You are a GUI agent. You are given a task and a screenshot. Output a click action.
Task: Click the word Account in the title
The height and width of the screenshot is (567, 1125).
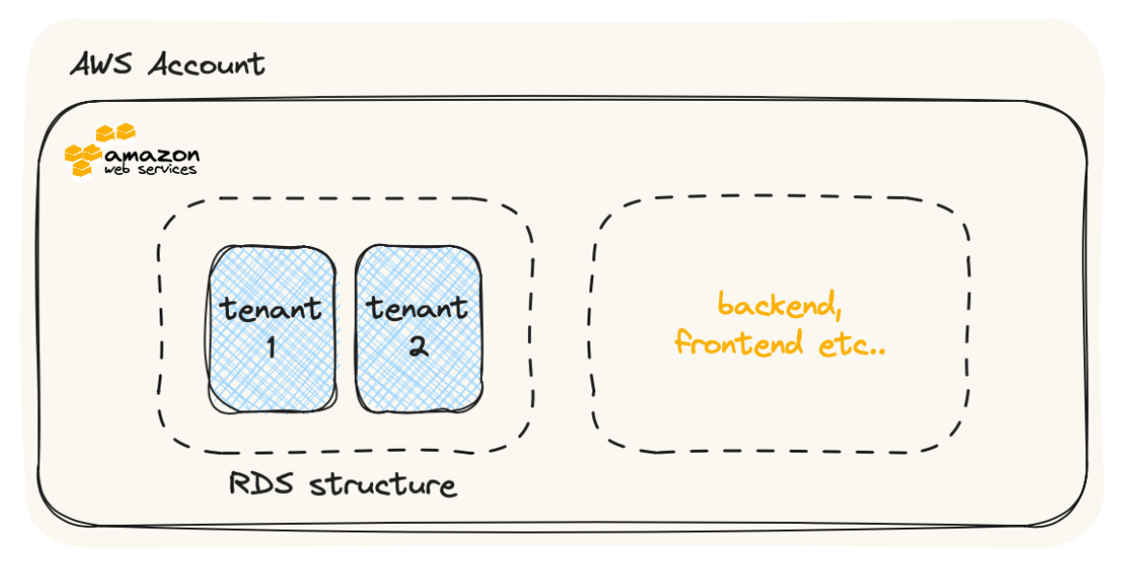206,65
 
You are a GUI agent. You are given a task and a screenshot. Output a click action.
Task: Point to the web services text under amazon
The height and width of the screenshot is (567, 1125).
152,170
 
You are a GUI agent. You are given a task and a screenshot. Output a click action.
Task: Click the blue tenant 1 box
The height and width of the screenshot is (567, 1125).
272,375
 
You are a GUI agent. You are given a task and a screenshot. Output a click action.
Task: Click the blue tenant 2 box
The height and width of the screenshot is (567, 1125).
418,375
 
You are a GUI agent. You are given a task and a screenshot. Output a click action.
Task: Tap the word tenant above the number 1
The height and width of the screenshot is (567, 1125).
271,309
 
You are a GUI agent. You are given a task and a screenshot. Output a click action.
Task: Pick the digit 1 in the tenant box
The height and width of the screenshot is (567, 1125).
271,346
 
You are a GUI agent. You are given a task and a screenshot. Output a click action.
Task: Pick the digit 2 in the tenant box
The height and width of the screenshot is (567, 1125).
417,346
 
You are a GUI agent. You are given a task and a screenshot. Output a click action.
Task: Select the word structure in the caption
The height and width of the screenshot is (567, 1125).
383,484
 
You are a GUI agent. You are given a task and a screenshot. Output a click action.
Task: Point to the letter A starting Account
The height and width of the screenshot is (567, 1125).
161,65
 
